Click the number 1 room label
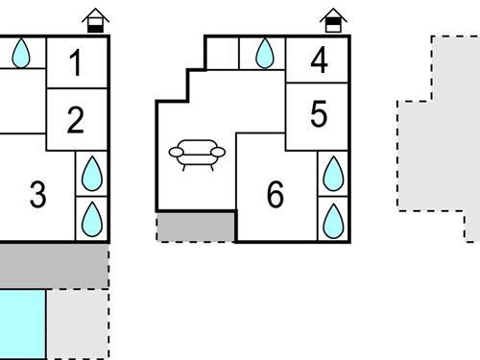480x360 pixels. pyautogui.click(x=76, y=63)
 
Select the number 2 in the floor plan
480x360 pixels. pyautogui.click(x=76, y=120)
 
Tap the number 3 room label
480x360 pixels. pyautogui.click(x=37, y=195)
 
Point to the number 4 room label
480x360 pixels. pyautogui.click(x=320, y=60)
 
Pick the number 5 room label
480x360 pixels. pyautogui.click(x=320, y=114)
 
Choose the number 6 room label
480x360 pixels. pyautogui.click(x=276, y=195)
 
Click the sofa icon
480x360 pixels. pyautogui.click(x=196, y=154)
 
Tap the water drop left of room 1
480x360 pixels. pyautogui.click(x=20, y=54)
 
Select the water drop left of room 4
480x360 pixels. pyautogui.click(x=264, y=54)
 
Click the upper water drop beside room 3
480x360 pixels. pyautogui.click(x=92, y=174)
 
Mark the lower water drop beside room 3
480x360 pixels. pyautogui.click(x=92, y=219)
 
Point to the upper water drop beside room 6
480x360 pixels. pyautogui.click(x=333, y=174)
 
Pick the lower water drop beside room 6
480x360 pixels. pyautogui.click(x=333, y=219)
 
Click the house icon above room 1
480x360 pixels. pyautogui.click(x=95, y=19)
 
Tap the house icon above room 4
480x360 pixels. pyautogui.click(x=332, y=19)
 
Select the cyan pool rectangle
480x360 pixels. pyautogui.click(x=21, y=324)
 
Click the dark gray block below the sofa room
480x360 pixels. pyautogui.click(x=196, y=228)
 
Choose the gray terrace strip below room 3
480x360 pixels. pyautogui.click(x=53, y=266)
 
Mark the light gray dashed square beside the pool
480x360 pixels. pyautogui.click(x=78, y=324)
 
